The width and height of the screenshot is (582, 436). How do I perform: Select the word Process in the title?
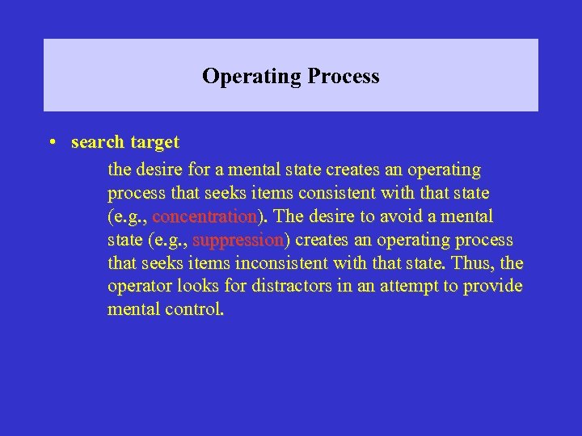343,77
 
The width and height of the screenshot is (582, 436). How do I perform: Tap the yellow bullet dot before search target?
51,143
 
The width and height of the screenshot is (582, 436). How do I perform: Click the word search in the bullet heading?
97,142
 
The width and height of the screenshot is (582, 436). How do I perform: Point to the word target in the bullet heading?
154,142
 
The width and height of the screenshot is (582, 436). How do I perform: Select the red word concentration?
204,217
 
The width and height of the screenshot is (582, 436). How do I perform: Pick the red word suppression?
238,241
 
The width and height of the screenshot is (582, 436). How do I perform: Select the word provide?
492,287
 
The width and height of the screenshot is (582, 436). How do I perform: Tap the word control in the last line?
192,309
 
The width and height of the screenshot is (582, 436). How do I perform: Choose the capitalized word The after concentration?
289,217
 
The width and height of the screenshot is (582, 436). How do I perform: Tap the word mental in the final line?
132,309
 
